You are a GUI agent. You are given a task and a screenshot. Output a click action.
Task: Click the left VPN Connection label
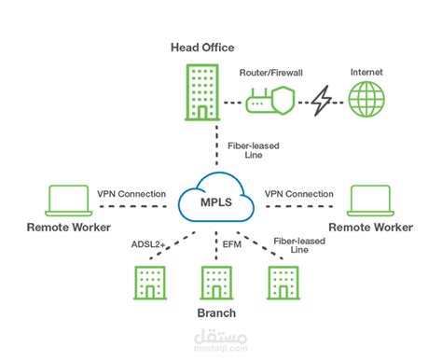(x=132, y=194)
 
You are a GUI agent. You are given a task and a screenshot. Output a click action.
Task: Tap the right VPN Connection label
(x=298, y=194)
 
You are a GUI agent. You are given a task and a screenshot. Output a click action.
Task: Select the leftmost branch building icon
(x=147, y=284)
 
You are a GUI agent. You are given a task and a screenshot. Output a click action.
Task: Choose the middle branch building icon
(x=214, y=284)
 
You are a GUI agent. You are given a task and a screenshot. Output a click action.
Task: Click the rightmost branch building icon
(x=281, y=284)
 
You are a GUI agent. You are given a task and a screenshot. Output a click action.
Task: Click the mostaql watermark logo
(x=221, y=338)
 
